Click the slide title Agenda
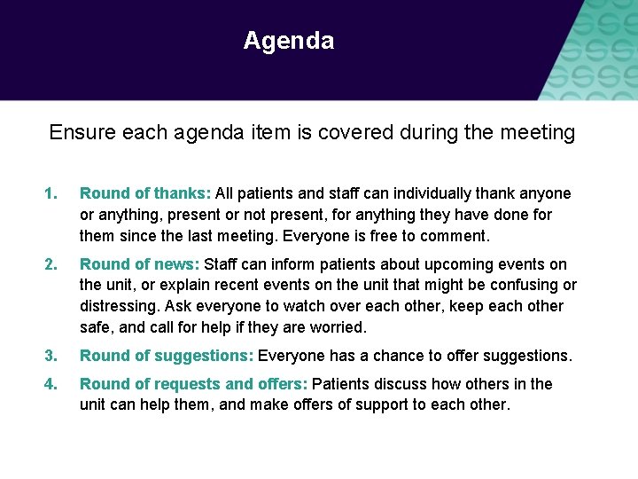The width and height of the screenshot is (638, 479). point(288,41)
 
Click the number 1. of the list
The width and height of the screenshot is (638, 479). point(52,193)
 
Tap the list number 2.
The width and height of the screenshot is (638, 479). point(52,264)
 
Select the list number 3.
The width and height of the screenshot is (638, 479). point(52,356)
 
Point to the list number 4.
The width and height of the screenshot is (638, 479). point(52,384)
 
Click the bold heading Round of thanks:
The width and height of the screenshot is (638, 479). point(145,193)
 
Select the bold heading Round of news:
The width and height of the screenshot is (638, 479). point(140,264)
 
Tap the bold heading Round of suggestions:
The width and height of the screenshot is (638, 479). point(167,356)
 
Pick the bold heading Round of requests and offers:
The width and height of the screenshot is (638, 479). point(194,384)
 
